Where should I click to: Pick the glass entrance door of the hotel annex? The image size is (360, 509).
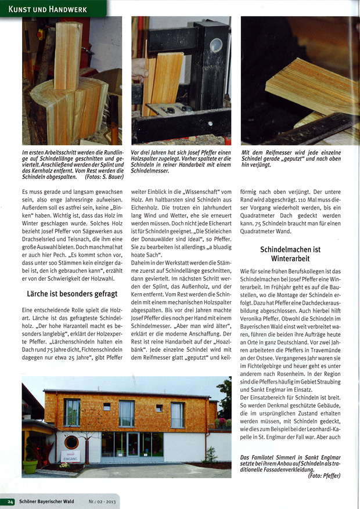(x=133, y=447)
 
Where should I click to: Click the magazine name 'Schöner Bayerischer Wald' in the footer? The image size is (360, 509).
(x=51, y=501)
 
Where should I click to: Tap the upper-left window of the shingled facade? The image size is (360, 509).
(x=73, y=411)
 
